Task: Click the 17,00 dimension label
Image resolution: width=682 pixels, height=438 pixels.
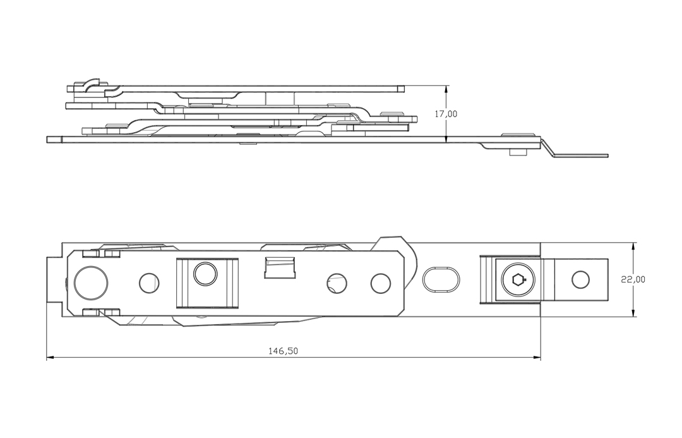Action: tap(446, 114)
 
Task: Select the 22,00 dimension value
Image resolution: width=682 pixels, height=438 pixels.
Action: tap(633, 279)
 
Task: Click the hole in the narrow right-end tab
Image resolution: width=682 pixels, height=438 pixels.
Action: tap(579, 278)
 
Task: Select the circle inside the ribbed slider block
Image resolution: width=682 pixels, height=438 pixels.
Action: tap(205, 274)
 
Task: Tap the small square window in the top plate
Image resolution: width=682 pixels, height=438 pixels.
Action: tap(280, 267)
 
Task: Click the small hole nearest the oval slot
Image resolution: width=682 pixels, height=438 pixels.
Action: tap(380, 283)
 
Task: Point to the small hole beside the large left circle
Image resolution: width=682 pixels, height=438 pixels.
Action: tap(149, 283)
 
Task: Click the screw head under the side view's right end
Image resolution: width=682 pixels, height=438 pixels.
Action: tap(517, 152)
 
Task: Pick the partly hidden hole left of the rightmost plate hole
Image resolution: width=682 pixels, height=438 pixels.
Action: tap(335, 283)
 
